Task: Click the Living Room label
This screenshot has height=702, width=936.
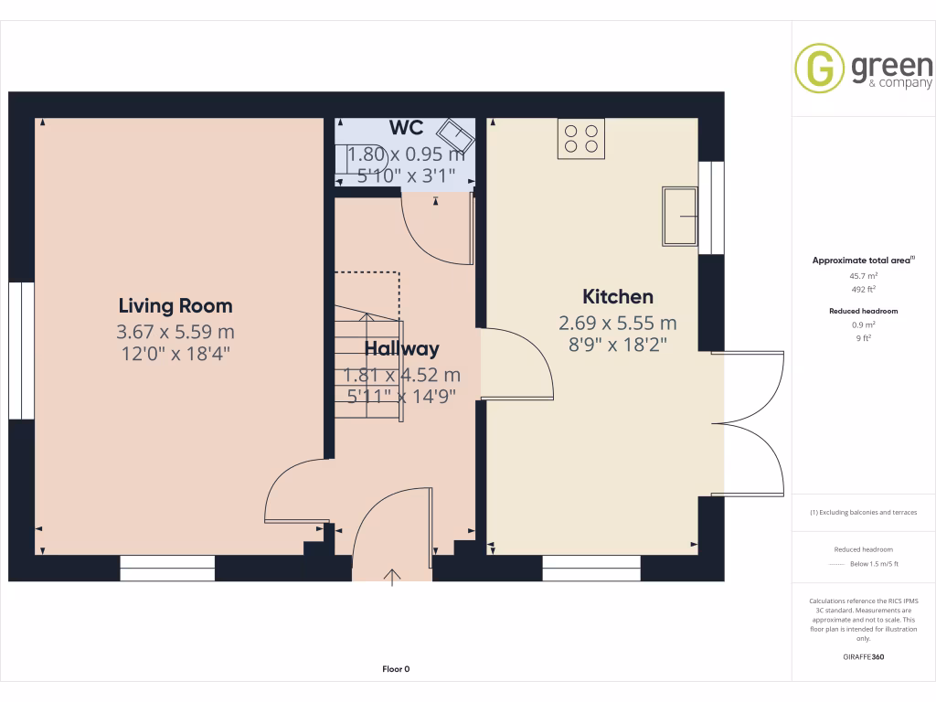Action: [175, 306]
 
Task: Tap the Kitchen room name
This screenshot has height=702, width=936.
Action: [618, 297]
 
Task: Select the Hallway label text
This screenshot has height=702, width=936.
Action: [402, 349]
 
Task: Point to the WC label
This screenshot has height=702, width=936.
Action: [405, 127]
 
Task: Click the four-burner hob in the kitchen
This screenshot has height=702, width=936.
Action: [581, 138]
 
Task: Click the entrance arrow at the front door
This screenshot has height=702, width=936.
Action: [393, 577]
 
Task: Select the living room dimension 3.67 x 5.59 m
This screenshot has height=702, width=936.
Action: [175, 331]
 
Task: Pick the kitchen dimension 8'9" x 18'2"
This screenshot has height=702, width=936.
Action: [618, 345]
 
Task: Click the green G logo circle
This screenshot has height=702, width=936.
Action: [819, 69]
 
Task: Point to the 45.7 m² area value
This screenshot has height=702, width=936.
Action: [864, 275]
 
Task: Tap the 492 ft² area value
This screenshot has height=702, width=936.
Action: [864, 290]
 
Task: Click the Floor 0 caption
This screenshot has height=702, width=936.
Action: [396, 669]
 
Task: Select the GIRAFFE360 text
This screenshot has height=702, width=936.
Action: [864, 656]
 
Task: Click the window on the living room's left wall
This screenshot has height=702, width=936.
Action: [22, 350]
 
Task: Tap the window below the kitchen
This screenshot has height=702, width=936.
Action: [591, 568]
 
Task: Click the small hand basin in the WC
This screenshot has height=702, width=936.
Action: [455, 138]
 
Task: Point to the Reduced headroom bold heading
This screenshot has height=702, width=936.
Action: [864, 311]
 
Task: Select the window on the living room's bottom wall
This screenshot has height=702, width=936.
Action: [167, 568]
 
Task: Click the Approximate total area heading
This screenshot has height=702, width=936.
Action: [864, 261]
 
